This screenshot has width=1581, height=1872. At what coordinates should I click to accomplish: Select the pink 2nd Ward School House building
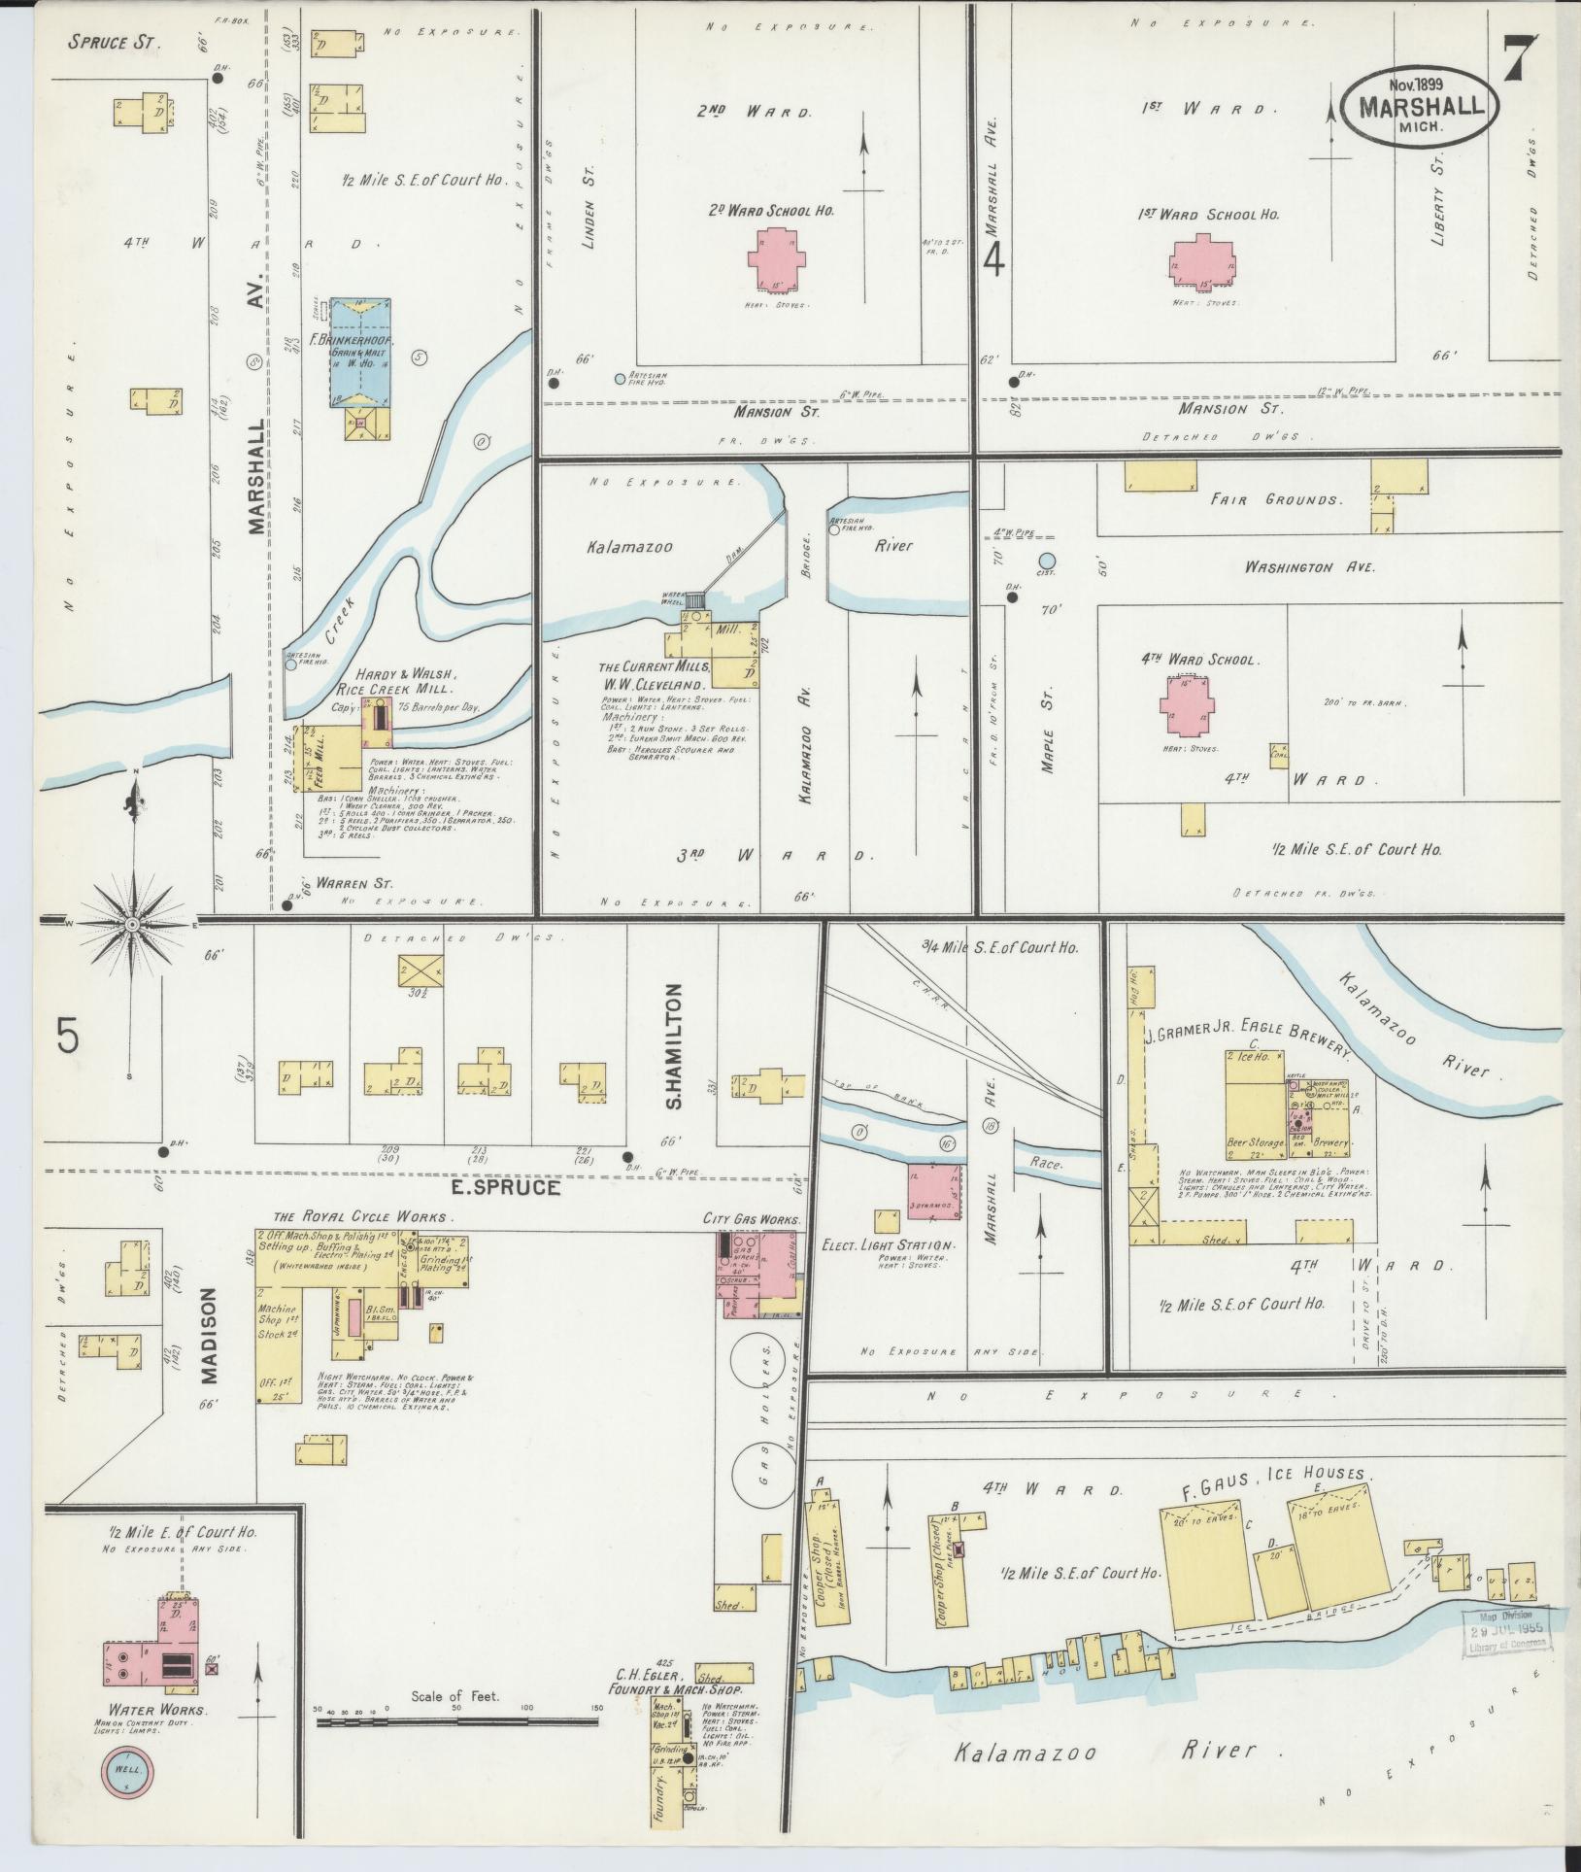tap(774, 261)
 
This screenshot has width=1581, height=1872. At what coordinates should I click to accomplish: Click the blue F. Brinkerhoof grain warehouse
tap(359, 352)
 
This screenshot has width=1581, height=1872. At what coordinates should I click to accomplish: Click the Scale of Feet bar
tap(455, 1721)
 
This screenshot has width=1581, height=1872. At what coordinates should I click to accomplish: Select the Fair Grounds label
tap(1276, 499)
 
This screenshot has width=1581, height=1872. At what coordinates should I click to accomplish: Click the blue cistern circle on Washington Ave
tap(1046, 561)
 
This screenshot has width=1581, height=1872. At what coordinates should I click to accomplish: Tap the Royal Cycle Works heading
tap(359, 1216)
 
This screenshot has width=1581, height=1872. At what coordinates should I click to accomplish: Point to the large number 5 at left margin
tap(66, 1038)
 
